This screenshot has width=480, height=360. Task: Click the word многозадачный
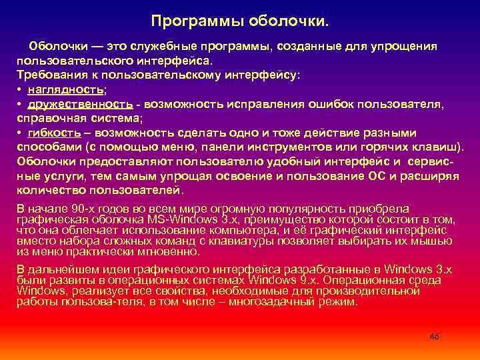pos(274,301)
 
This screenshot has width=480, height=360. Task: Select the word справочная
pos(48,118)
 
